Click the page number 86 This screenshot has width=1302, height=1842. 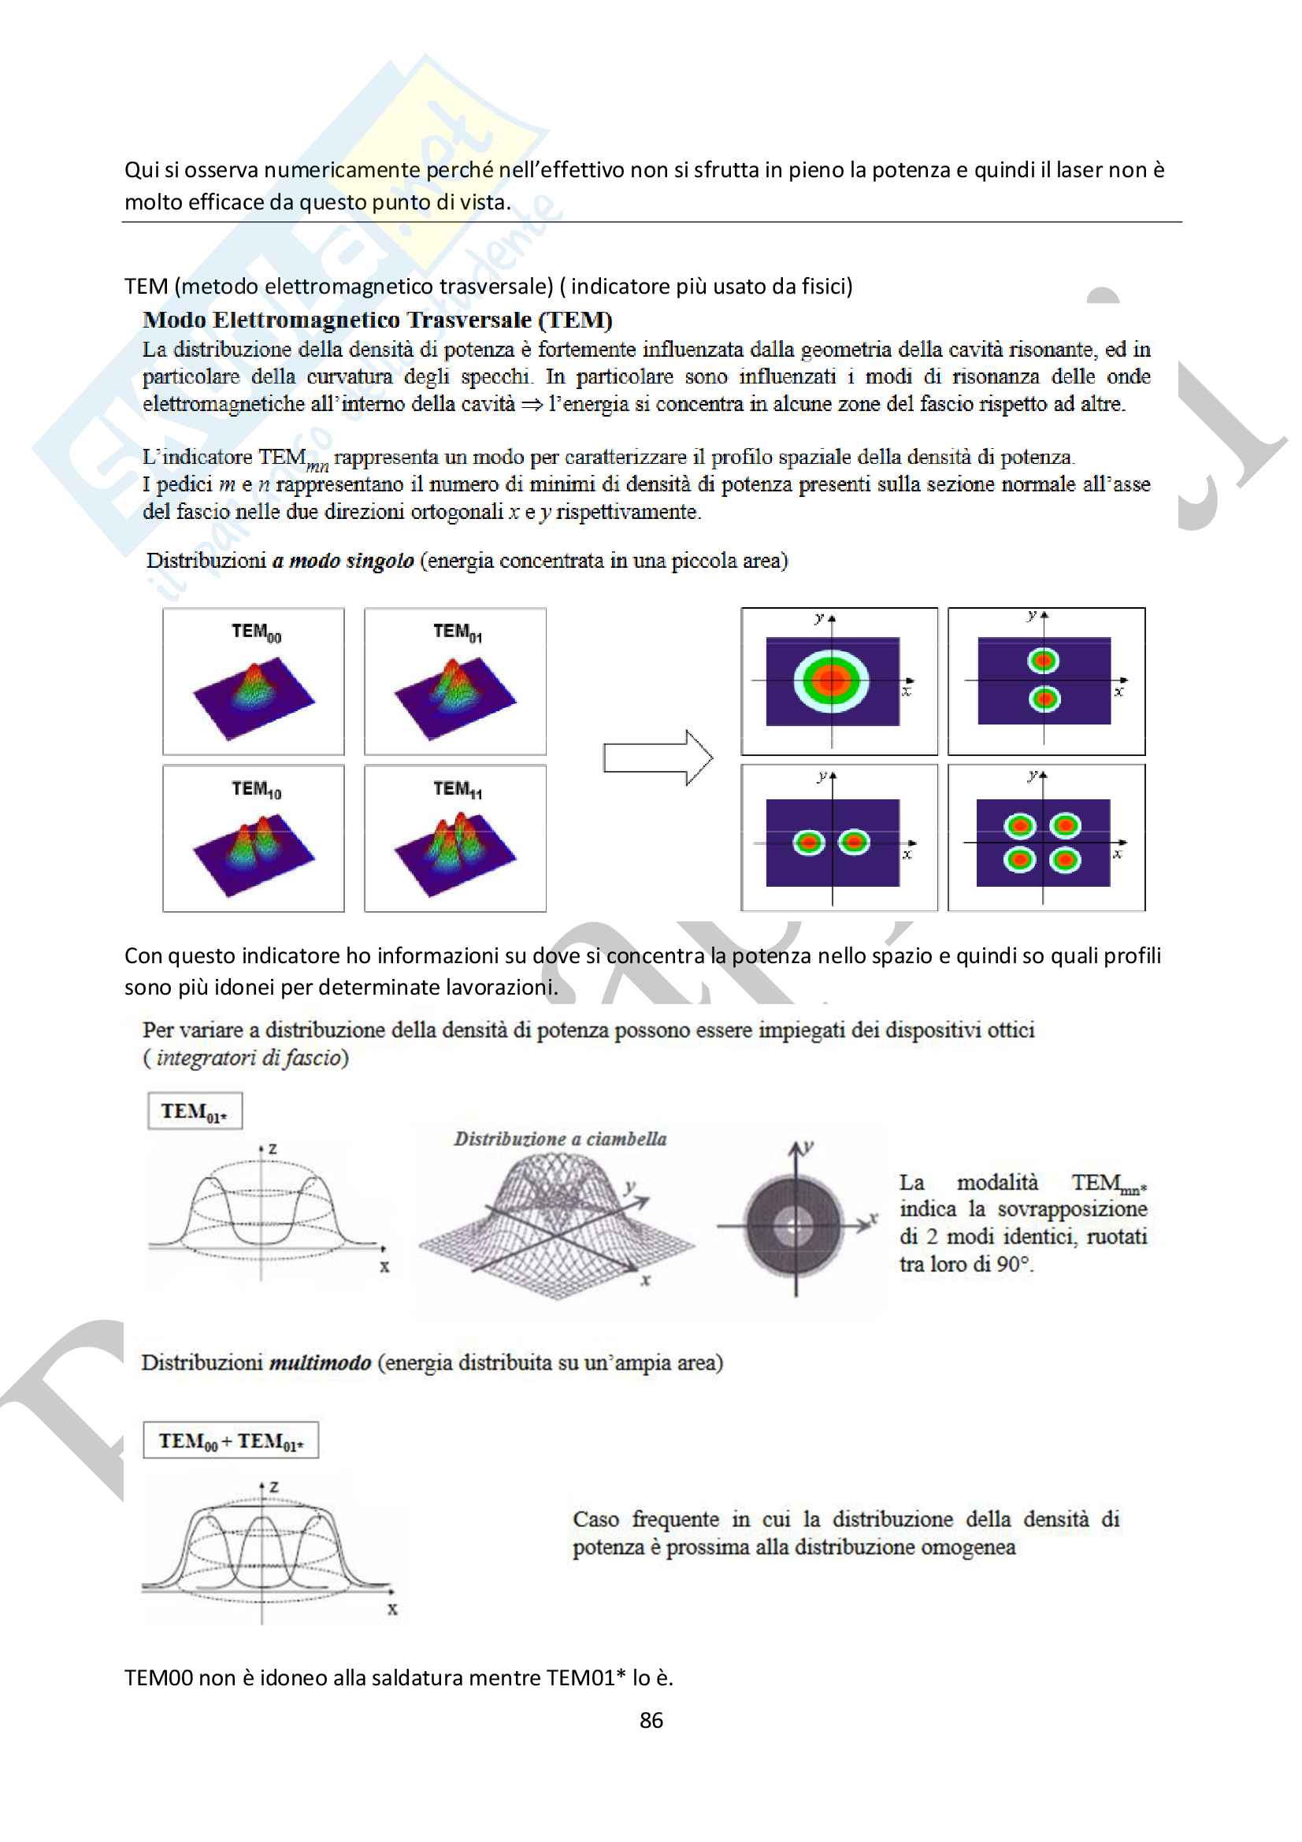[x=651, y=1720]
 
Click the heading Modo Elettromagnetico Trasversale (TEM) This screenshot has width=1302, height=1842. [x=377, y=320]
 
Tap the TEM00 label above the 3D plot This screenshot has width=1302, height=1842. [x=256, y=632]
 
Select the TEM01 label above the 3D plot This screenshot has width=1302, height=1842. [x=458, y=632]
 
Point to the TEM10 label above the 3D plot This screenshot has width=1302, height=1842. [x=256, y=789]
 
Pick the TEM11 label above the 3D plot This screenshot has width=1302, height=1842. [x=458, y=789]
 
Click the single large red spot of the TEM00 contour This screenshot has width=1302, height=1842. [x=832, y=680]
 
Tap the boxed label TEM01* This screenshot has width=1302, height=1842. [x=194, y=1111]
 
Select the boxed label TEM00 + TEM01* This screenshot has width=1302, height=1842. [x=231, y=1441]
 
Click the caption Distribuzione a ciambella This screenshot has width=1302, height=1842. [x=560, y=1139]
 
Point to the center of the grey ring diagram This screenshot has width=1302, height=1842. [x=795, y=1225]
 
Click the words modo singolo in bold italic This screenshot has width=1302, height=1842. [x=343, y=561]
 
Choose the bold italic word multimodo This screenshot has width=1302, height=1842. [x=319, y=1362]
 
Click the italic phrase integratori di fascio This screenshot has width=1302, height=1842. [x=249, y=1058]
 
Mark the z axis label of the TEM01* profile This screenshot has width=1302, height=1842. [x=273, y=1149]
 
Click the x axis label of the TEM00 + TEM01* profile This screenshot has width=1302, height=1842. [x=392, y=1610]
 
